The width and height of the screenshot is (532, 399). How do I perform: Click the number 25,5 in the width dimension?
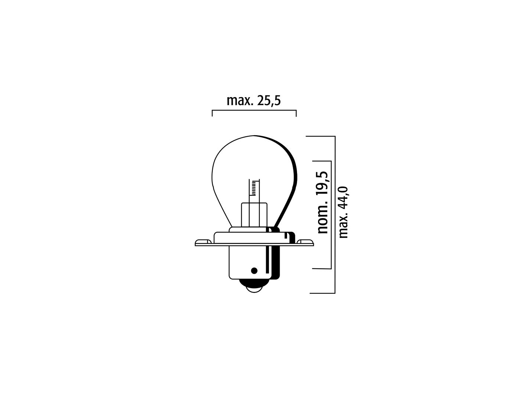pyautogui.click(x=269, y=101)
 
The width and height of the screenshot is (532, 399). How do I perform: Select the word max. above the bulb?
pyautogui.click(x=240, y=101)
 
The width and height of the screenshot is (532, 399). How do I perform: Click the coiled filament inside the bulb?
pyautogui.click(x=254, y=188)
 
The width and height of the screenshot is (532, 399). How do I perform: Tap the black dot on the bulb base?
pyautogui.click(x=254, y=270)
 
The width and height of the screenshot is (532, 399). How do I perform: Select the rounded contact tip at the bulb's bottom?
pyautogui.click(x=254, y=287)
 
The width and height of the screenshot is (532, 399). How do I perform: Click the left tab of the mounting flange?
pyautogui.click(x=203, y=242)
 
